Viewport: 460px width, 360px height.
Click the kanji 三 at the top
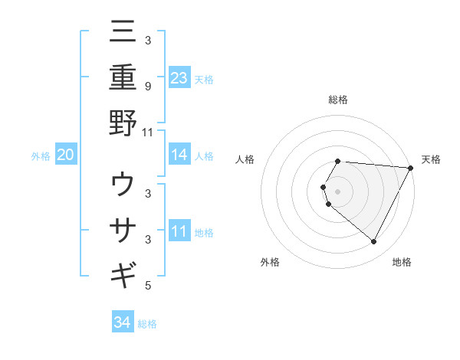123,34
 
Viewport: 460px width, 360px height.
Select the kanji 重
123,78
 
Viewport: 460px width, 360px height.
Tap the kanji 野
123,123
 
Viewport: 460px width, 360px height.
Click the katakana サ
123,230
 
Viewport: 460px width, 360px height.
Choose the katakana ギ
123,274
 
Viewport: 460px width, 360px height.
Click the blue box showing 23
179,78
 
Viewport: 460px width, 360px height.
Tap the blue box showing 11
179,231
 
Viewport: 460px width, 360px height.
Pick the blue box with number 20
66,155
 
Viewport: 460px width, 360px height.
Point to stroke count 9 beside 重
147,86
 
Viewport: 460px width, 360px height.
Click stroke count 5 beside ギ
147,286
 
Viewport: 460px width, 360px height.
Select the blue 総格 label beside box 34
147,324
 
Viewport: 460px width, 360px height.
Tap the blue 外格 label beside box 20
41,156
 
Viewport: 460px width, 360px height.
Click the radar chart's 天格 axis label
431,159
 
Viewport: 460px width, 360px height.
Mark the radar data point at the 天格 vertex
411,168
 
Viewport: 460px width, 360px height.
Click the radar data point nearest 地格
374,242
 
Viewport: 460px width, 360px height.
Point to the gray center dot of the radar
338,191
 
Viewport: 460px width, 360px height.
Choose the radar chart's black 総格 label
338,100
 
